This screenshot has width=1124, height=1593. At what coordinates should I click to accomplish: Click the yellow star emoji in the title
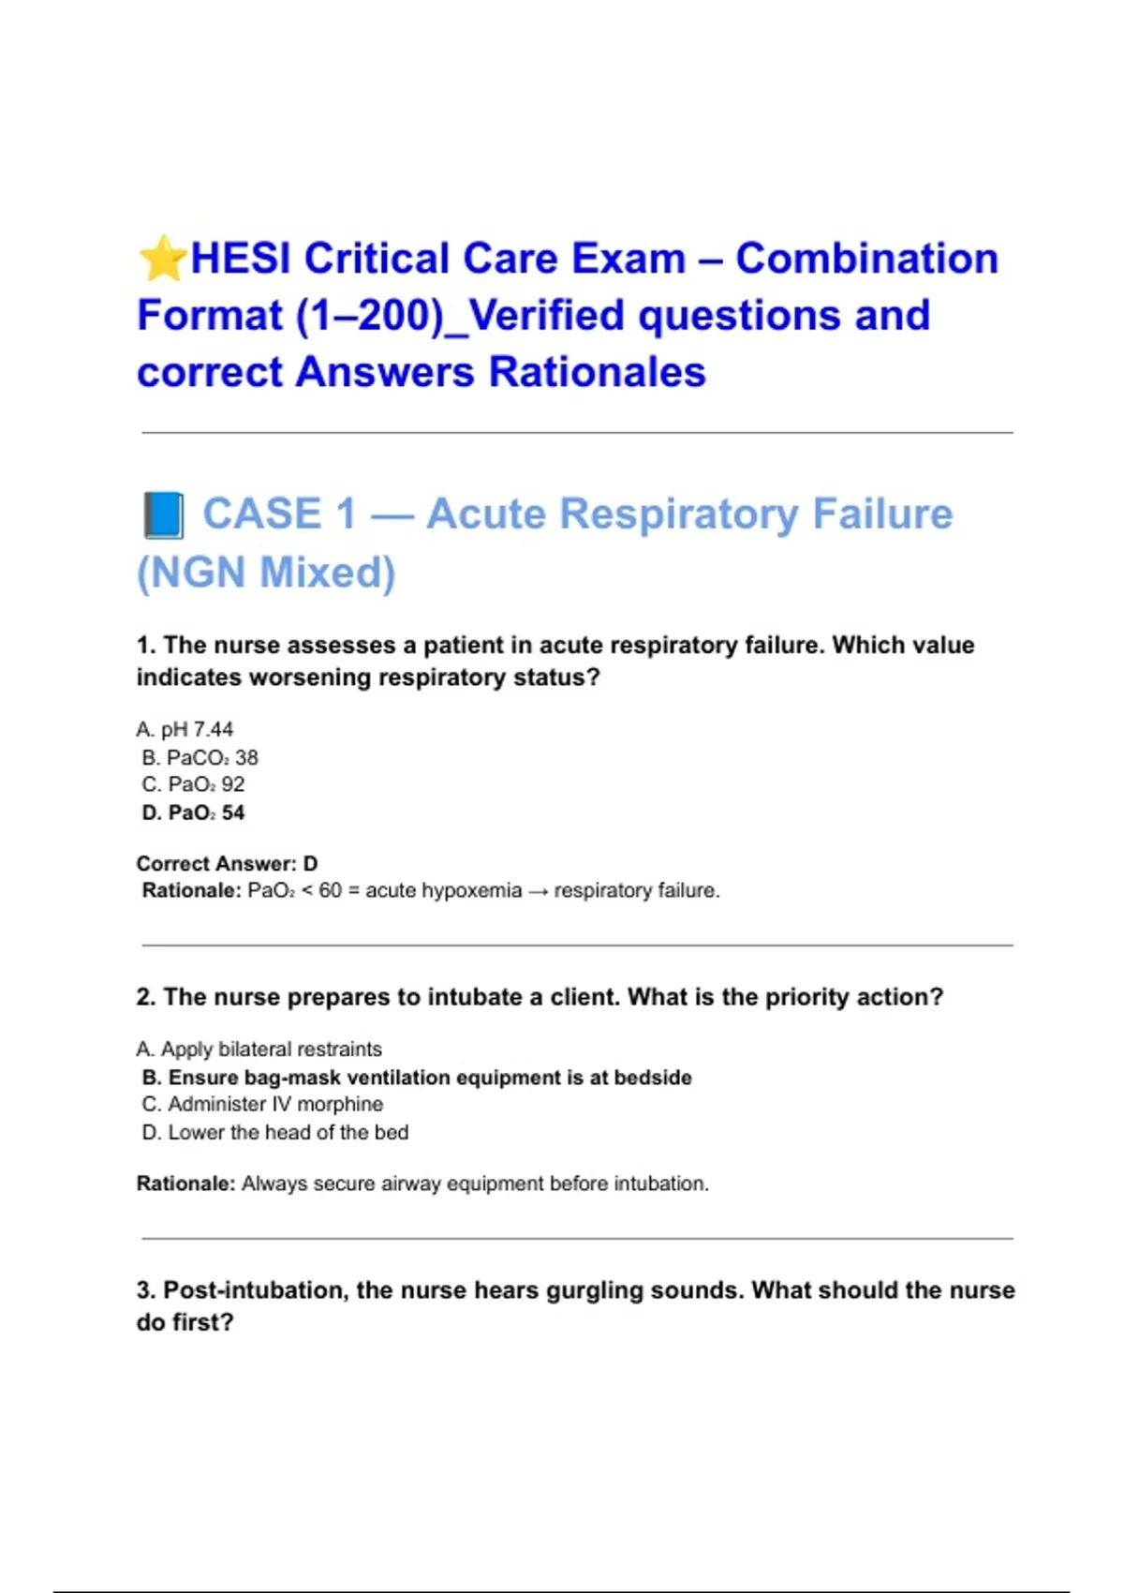[x=162, y=259]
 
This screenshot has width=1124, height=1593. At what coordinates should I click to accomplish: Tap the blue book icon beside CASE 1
[x=164, y=515]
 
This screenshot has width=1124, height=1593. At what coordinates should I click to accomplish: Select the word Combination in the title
[x=866, y=259]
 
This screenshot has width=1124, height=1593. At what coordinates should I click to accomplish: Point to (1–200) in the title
[x=369, y=316]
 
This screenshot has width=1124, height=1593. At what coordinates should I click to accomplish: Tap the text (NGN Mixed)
[x=266, y=573]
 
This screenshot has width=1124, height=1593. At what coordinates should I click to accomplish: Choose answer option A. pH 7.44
[x=185, y=729]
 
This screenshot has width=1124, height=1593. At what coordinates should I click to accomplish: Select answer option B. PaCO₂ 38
[x=200, y=757]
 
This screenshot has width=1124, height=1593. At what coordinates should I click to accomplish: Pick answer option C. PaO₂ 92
[x=193, y=784]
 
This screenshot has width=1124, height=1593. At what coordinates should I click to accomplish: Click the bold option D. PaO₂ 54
[x=193, y=812]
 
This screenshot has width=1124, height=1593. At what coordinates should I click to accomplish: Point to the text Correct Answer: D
[x=227, y=863]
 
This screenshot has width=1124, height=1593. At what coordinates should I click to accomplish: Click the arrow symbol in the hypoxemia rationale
[x=538, y=891]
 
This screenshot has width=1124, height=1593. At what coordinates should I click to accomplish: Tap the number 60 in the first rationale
[x=330, y=890]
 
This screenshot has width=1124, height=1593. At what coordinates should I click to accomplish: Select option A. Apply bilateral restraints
[x=259, y=1049]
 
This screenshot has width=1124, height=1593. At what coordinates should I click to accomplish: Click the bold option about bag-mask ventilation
[x=417, y=1078]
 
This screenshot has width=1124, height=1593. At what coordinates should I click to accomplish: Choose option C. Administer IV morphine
[x=262, y=1104]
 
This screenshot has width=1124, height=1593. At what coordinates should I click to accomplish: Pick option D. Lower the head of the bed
[x=274, y=1132]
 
